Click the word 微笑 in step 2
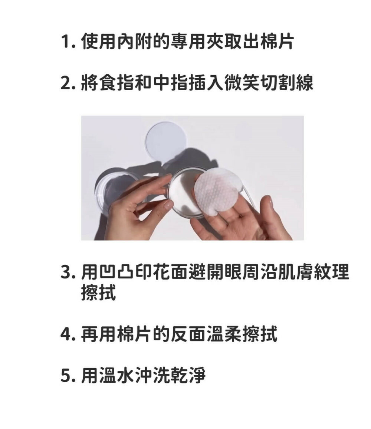click(241, 83)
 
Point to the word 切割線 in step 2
click(286, 83)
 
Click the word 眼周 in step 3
click(241, 273)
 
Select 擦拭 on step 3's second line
click(98, 292)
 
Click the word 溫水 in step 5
click(116, 375)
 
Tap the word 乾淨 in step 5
click(188, 375)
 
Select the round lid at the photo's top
click(166, 143)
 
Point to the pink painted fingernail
click(169, 204)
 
